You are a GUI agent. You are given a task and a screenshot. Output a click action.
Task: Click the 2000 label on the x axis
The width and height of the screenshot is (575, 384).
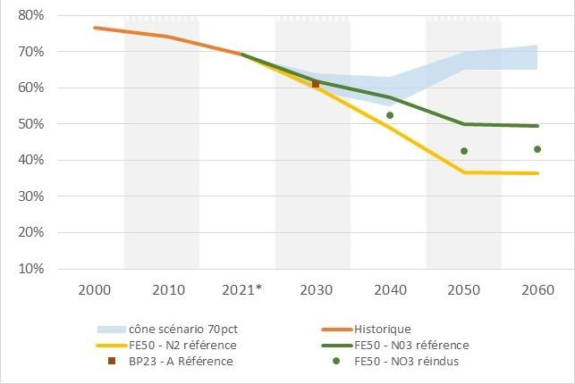(95, 290)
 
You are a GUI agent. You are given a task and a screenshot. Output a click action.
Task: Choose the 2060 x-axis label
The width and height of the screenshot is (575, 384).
(537, 290)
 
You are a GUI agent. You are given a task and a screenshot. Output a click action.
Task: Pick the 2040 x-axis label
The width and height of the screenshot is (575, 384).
(389, 290)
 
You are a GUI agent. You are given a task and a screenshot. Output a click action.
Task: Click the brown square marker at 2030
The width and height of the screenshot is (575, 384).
(316, 84)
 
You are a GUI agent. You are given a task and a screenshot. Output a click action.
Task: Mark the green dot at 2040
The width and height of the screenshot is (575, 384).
(390, 115)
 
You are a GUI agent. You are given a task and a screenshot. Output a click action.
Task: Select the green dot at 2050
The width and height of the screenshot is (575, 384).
(464, 151)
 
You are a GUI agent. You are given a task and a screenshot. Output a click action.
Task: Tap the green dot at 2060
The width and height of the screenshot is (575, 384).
(537, 149)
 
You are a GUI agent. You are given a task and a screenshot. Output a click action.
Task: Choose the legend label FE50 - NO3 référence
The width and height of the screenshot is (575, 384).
(412, 345)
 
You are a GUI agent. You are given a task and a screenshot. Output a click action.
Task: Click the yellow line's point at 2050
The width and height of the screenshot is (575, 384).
(463, 171)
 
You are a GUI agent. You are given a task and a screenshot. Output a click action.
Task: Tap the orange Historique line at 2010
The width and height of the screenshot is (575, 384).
(168, 37)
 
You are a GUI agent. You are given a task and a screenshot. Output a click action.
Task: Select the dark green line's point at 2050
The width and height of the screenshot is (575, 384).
(463, 124)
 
